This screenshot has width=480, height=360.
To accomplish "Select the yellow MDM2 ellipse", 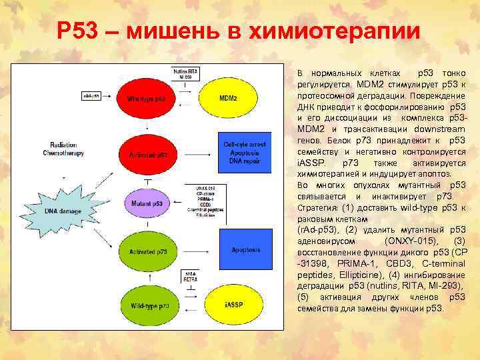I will pyautogui.click(x=228, y=98).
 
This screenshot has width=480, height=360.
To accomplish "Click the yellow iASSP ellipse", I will pyautogui.click(x=229, y=305).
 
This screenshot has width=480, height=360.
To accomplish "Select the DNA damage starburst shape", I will pyautogui.click(x=64, y=211).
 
